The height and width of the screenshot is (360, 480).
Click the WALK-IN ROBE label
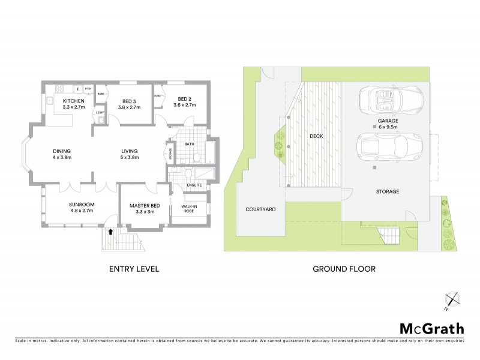coord(190,209)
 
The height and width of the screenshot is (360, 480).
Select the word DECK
coord(316,137)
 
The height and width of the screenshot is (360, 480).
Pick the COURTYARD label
coord(260,209)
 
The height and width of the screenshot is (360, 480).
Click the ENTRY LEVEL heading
coord(133,269)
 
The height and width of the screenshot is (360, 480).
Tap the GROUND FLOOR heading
coord(344,269)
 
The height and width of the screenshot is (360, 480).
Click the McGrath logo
coord(431,328)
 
